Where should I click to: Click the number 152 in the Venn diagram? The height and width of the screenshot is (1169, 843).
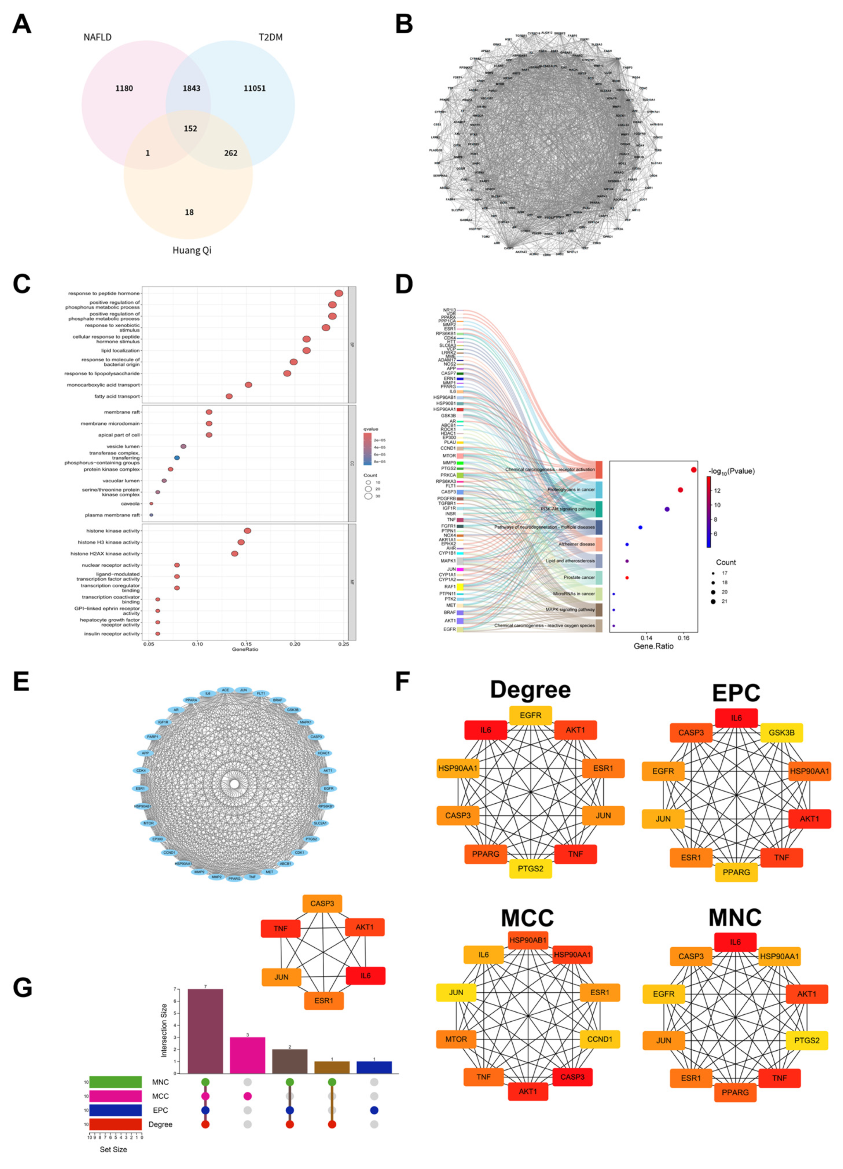pyautogui.click(x=190, y=128)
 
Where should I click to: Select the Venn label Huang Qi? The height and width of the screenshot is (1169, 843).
pyautogui.click(x=192, y=251)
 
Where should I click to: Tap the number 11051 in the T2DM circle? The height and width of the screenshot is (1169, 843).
pyautogui.click(x=255, y=88)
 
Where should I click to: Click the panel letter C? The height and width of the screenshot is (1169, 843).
pyautogui.click(x=21, y=284)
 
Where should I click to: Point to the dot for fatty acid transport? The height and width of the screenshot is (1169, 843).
pyautogui.click(x=229, y=396)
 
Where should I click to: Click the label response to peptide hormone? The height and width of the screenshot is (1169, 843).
pyautogui.click(x=104, y=293)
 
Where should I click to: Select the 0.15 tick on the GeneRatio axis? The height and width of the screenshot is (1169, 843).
pyautogui.click(x=246, y=644)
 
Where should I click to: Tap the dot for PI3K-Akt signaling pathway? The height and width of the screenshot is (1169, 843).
pyautogui.click(x=667, y=509)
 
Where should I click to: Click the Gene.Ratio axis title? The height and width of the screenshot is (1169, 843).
pyautogui.click(x=653, y=647)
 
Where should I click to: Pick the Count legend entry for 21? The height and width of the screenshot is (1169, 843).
pyautogui.click(x=713, y=601)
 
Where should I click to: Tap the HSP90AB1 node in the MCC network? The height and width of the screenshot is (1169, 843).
pyautogui.click(x=528, y=940)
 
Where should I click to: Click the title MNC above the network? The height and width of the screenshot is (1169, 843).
pyautogui.click(x=735, y=918)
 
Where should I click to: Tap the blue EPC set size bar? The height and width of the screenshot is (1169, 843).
pyautogui.click(x=115, y=1110)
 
